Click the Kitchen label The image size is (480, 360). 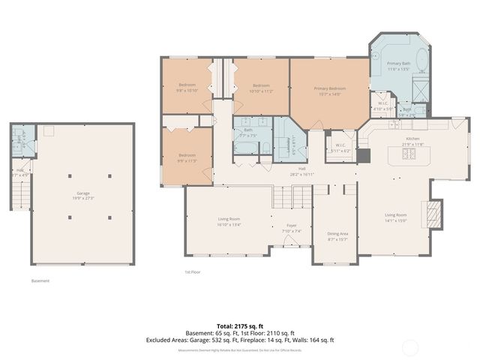pos(415,141)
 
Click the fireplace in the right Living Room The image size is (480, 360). pos(433,214)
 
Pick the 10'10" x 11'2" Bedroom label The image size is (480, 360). pos(261,88)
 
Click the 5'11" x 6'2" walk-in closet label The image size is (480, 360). pos(340,148)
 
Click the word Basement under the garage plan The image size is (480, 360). pos(40,281)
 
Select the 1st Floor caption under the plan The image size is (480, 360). pos(193,271)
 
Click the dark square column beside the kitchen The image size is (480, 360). pos(364,156)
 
